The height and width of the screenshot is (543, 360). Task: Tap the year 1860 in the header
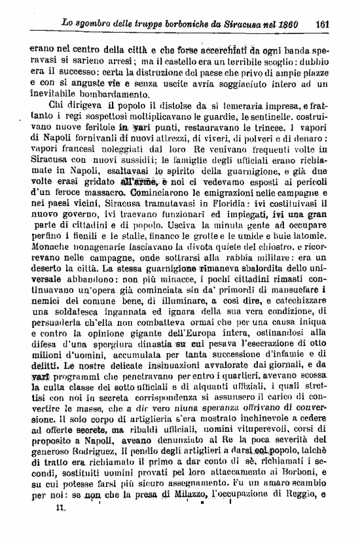(285, 24)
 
